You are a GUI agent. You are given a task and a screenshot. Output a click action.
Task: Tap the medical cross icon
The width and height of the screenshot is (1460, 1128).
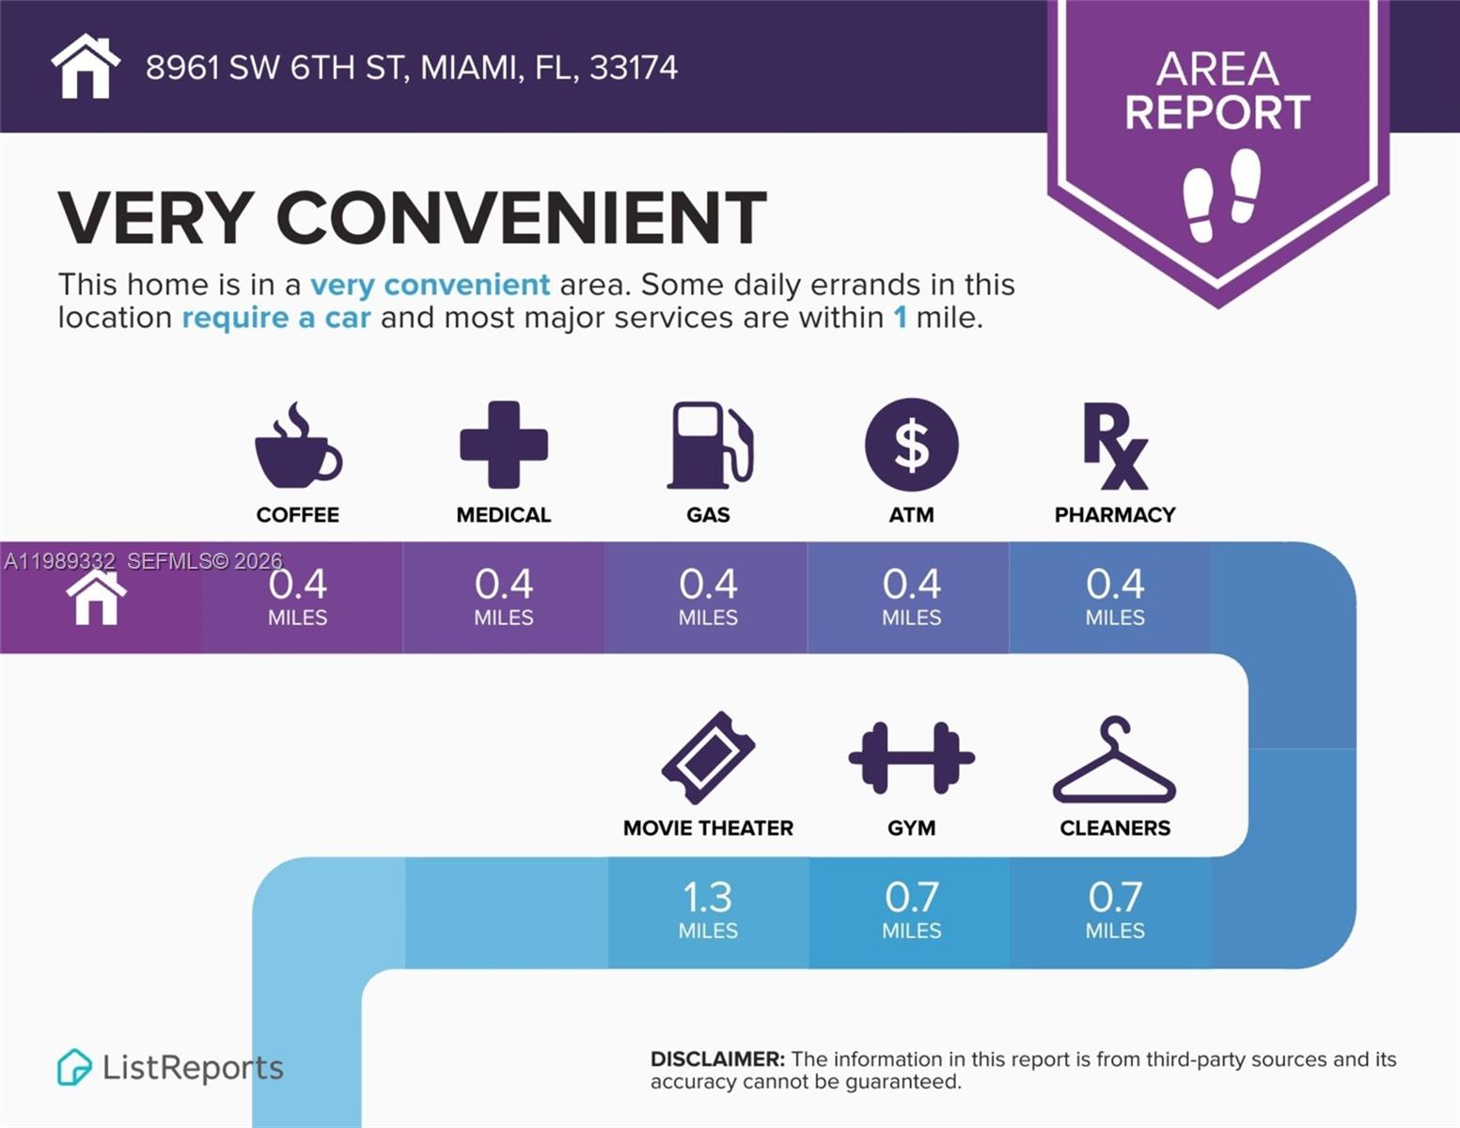click(503, 445)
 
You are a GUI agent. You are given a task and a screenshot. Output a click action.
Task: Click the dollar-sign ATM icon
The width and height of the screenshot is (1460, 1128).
click(911, 445)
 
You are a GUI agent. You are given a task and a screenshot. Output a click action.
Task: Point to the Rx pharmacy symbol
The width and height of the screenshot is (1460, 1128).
click(1115, 446)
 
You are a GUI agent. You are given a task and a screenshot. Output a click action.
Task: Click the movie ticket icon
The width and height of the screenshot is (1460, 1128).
click(708, 758)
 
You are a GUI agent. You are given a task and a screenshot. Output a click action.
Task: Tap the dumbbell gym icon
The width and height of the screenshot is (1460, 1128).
click(911, 758)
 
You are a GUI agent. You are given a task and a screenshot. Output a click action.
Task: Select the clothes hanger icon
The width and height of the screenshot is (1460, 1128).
click(1115, 760)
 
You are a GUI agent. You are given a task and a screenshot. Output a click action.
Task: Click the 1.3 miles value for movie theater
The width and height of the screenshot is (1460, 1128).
click(708, 898)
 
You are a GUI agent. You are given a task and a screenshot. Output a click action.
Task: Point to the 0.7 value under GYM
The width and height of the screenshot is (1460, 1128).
click(911, 898)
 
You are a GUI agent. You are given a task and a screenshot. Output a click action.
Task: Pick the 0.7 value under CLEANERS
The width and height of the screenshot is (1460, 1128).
click(1115, 898)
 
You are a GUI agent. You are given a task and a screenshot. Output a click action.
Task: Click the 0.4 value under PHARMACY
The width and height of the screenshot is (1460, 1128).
click(1115, 585)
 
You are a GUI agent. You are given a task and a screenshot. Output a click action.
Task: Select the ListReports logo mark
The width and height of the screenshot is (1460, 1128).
click(74, 1067)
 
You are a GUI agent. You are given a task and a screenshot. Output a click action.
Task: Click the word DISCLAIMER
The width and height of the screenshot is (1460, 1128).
click(716, 1059)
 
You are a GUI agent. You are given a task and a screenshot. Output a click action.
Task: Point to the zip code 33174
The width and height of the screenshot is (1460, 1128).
click(633, 68)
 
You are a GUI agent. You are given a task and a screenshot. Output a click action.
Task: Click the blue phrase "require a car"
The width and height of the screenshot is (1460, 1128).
click(276, 318)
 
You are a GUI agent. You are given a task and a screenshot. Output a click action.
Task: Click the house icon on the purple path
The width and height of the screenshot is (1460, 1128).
click(96, 598)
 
